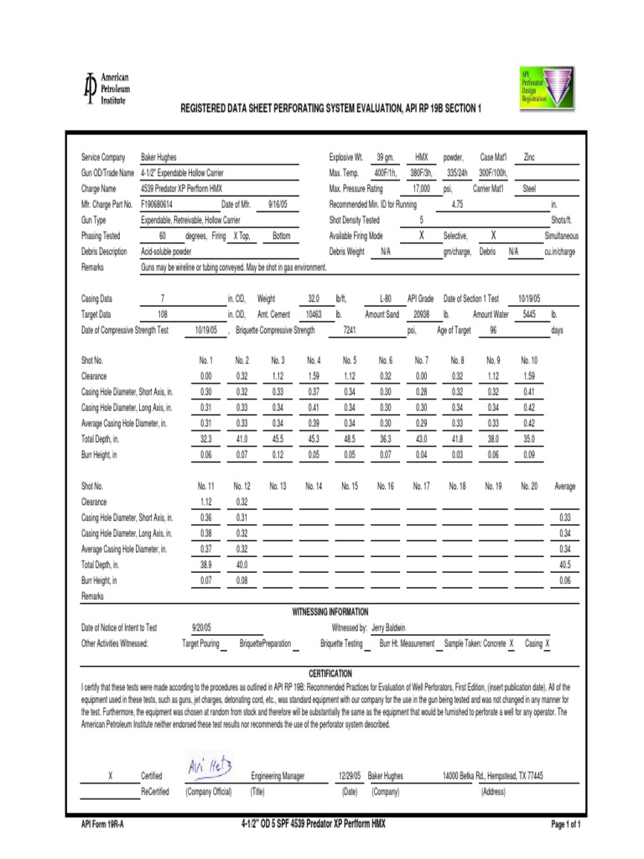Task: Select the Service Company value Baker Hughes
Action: [x=158, y=157]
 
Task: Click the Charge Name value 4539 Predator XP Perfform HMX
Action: [x=187, y=189]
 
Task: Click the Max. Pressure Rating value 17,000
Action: [x=421, y=189]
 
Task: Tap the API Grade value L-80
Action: [x=385, y=298]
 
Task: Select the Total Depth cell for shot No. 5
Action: [x=350, y=439]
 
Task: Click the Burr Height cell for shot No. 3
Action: [x=278, y=455]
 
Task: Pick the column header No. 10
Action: [x=529, y=361]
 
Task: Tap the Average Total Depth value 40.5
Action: [x=564, y=565]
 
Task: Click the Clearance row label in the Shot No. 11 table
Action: [x=94, y=502]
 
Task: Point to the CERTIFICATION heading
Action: [x=330, y=674]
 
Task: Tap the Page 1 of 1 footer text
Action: [x=565, y=825]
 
